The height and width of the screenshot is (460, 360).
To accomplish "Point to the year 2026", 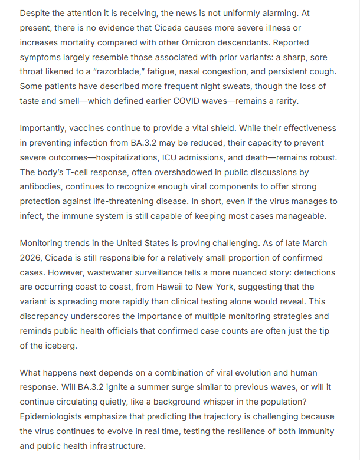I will click(32, 258).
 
